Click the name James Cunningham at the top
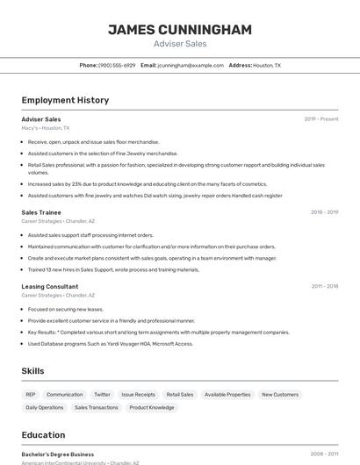[179, 30]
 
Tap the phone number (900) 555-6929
[117, 65]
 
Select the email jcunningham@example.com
[191, 65]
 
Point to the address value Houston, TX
[267, 65]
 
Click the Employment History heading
[65, 100]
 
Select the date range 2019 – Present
[320, 118]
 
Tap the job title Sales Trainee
[41, 212]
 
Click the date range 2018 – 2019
[324, 212]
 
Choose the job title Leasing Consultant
[50, 286]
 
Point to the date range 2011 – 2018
[324, 286]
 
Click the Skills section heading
[32, 371]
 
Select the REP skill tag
[31, 395]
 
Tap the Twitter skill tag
[102, 395]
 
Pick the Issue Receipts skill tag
[139, 395]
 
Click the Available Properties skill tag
[227, 395]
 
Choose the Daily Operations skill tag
[45, 407]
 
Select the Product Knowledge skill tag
[151, 407]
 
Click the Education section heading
[43, 435]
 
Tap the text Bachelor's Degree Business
[58, 454]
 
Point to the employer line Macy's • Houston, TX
[46, 128]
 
